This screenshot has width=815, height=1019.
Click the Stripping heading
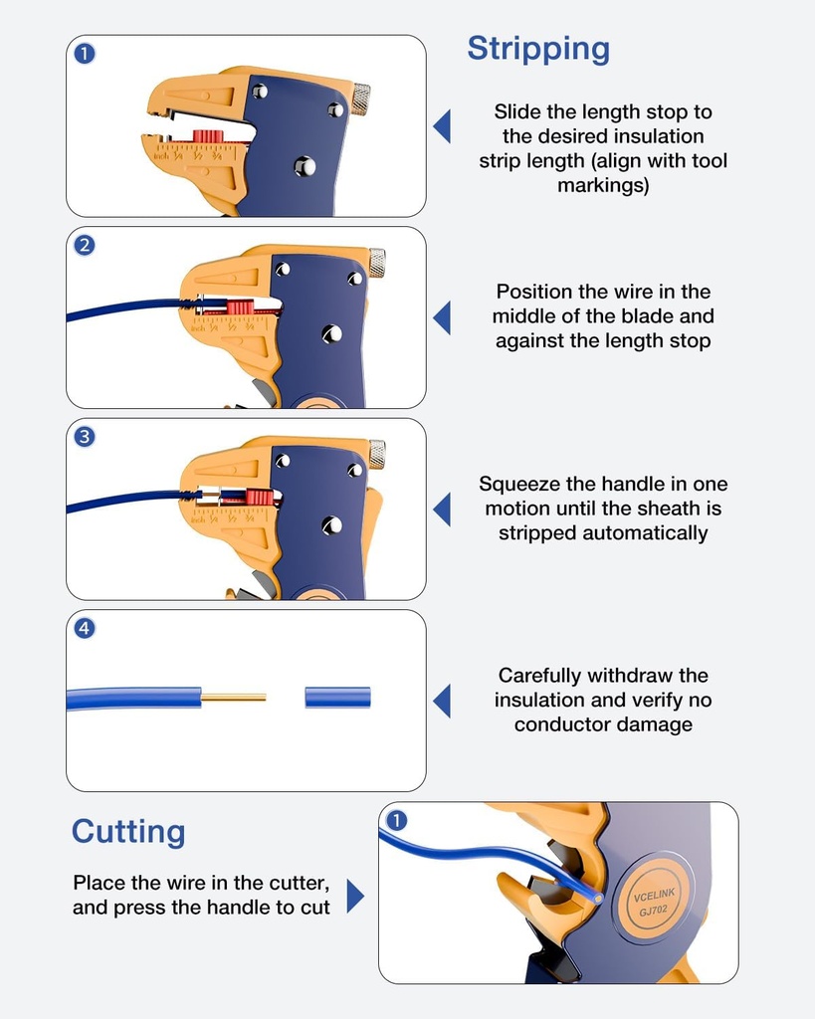point(538,49)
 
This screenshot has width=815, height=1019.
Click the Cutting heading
point(128,832)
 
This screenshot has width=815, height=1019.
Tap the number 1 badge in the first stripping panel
point(85,54)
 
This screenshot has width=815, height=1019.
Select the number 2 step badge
point(85,245)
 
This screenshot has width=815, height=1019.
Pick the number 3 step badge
point(85,436)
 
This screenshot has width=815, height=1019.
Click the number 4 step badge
point(85,628)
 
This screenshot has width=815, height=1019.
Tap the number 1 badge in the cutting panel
point(396,820)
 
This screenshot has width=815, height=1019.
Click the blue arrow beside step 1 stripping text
point(442,126)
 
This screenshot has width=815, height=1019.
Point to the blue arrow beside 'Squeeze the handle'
point(442,509)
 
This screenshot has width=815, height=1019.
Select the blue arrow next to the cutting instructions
point(354,896)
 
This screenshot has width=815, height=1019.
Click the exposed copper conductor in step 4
point(234,698)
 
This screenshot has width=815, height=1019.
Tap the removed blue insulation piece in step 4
point(337,698)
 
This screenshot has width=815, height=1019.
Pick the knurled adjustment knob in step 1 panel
point(360,99)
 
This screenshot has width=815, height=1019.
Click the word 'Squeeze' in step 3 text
point(518,485)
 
